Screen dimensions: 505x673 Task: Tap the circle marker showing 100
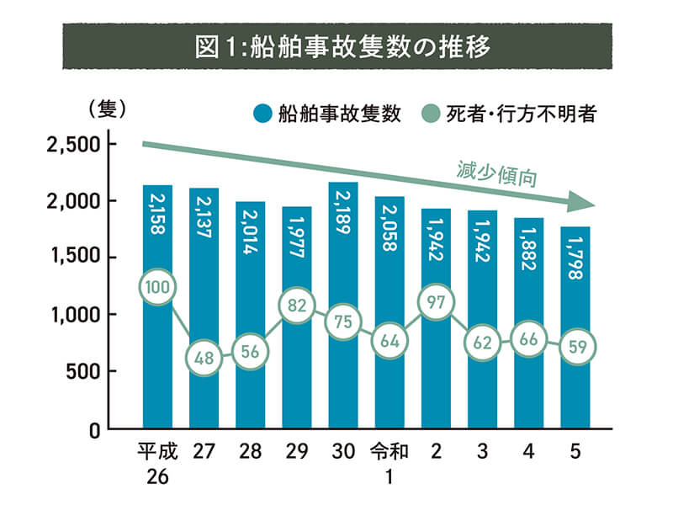(x=157, y=288)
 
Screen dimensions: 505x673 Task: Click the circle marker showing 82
(x=296, y=306)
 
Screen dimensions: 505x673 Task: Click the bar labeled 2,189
(x=343, y=252)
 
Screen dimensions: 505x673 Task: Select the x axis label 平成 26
(x=157, y=464)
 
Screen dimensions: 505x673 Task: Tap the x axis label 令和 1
(x=389, y=464)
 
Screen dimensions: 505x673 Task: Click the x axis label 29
(x=296, y=453)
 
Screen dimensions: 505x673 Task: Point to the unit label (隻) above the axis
(x=106, y=109)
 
